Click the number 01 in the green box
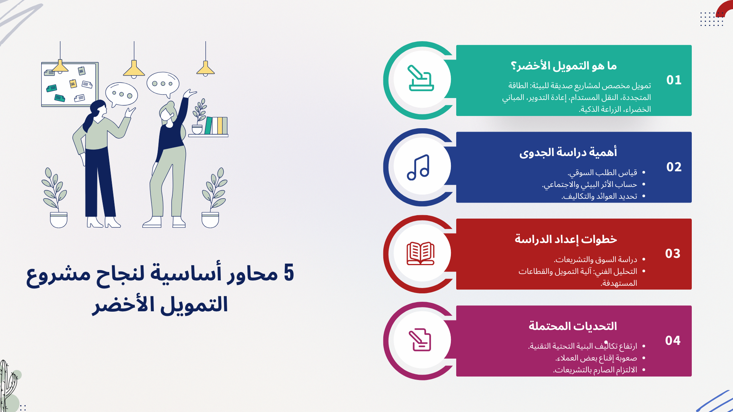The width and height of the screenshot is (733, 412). [x=674, y=80]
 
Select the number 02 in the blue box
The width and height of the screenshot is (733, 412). [x=674, y=167]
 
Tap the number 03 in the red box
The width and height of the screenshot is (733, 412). [x=673, y=254]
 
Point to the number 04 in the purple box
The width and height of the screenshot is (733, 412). [x=673, y=341]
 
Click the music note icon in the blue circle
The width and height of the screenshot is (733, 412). [x=418, y=167]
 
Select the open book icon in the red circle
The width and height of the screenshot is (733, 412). [x=420, y=253]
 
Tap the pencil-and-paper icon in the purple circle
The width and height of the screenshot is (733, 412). [x=420, y=340]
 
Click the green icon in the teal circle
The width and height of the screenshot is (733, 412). [x=421, y=78]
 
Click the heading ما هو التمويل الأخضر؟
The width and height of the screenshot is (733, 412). [x=564, y=66]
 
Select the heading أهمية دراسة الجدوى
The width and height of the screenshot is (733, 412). [x=568, y=153]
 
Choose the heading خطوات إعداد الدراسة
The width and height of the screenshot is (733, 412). [x=566, y=239]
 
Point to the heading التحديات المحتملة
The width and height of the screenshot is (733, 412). [x=573, y=326]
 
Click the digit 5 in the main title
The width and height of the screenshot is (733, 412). [x=289, y=273]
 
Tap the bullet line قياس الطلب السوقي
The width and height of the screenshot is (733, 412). [x=602, y=173]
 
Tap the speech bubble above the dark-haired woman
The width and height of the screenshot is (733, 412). [x=121, y=95]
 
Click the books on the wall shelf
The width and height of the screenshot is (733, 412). [x=216, y=126]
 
